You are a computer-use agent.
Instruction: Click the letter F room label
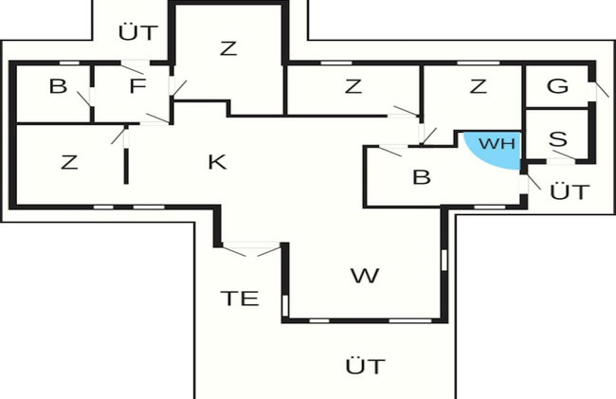138,86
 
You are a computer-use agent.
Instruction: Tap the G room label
557,86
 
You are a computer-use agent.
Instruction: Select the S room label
558,139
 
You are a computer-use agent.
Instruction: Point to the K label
217,162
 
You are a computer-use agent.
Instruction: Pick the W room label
365,276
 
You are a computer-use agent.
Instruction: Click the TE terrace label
240,299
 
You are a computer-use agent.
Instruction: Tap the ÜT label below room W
366,366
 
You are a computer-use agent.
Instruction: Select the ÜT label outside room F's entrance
138,32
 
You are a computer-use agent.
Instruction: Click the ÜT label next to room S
570,191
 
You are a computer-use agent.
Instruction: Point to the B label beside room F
58,86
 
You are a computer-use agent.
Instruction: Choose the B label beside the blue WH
422,177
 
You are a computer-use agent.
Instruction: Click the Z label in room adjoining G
479,86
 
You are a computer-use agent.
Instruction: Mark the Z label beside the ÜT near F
228,48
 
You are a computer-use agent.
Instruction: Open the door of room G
602,89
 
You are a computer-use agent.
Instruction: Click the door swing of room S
564,154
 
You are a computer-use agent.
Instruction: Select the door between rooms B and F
83,99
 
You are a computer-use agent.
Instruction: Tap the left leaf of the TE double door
234,251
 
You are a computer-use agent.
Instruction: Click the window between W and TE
285,305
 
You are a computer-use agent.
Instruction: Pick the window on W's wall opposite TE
444,261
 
